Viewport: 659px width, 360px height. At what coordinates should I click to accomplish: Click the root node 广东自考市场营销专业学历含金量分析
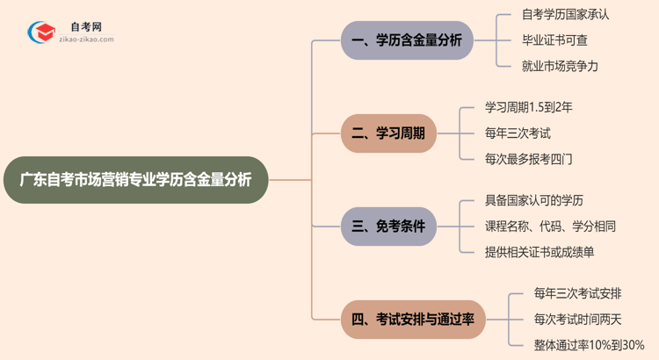pyautogui.click(x=135, y=180)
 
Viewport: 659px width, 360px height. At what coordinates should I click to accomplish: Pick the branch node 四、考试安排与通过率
pyautogui.click(x=413, y=320)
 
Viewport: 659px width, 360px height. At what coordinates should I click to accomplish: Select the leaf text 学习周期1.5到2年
pyautogui.click(x=528, y=108)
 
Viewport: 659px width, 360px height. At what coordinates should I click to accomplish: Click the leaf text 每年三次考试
pyautogui.click(x=517, y=133)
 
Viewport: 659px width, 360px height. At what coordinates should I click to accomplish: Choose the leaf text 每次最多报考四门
pyautogui.click(x=529, y=159)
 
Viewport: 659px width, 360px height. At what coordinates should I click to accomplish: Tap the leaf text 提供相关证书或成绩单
pyautogui.click(x=540, y=252)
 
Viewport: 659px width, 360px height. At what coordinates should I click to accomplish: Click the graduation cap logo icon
pyautogui.click(x=39, y=32)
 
